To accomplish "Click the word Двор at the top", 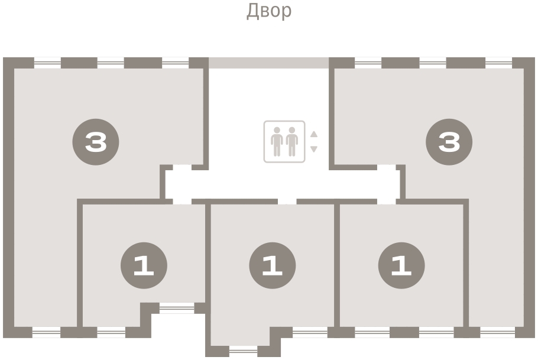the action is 269,11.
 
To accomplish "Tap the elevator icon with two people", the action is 284,141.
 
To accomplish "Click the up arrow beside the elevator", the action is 314,134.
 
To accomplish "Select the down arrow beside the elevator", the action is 314,150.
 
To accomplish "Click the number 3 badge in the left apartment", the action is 96,142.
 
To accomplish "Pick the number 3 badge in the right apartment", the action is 449,142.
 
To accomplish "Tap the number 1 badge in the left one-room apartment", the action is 144,265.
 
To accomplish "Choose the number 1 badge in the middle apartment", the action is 273,265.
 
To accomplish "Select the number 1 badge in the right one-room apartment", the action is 401,265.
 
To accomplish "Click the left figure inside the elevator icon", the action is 277,142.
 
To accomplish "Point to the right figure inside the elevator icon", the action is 292,142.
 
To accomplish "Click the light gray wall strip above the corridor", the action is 269,63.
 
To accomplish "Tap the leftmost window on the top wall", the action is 47,63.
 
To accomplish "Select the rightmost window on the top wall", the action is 499,63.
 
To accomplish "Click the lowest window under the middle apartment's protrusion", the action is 243,351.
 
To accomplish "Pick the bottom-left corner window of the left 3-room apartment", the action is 46,332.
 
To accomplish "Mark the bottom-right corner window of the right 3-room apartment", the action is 498,332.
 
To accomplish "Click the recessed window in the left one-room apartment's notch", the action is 177,308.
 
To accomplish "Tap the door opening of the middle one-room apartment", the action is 287,202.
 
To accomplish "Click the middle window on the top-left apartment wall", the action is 111,63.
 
